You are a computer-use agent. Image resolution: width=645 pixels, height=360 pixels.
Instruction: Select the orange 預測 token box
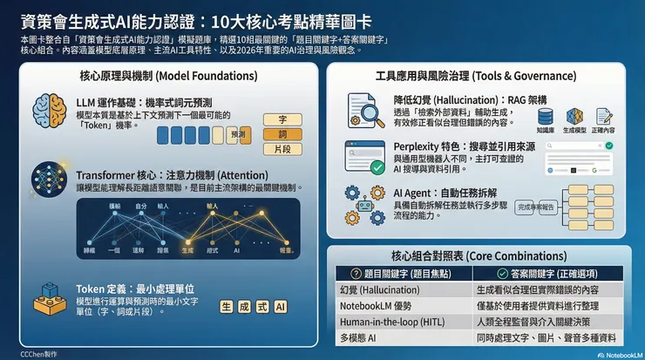[238, 134]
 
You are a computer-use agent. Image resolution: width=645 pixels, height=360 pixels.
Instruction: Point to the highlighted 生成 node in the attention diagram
[187, 249]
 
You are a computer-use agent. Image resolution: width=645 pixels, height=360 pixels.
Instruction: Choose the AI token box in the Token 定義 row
[280, 307]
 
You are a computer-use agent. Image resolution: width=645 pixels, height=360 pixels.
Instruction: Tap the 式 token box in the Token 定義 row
[261, 307]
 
